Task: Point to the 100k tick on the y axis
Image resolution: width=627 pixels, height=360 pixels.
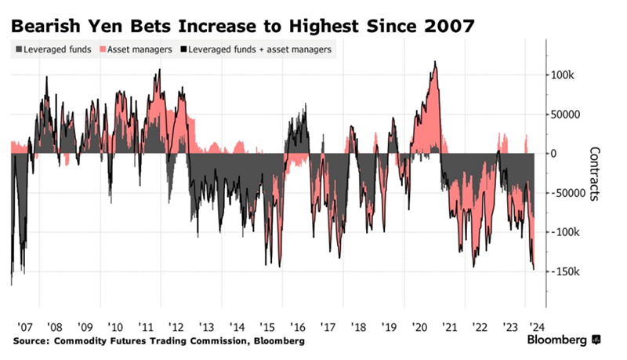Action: pos(562,75)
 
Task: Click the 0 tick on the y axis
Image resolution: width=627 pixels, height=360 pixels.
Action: pos(554,154)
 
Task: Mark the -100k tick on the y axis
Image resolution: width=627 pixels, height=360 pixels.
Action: pos(564,233)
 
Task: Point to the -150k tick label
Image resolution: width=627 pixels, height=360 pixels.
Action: pos(564,272)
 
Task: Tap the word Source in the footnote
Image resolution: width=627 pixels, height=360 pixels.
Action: pos(29,341)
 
